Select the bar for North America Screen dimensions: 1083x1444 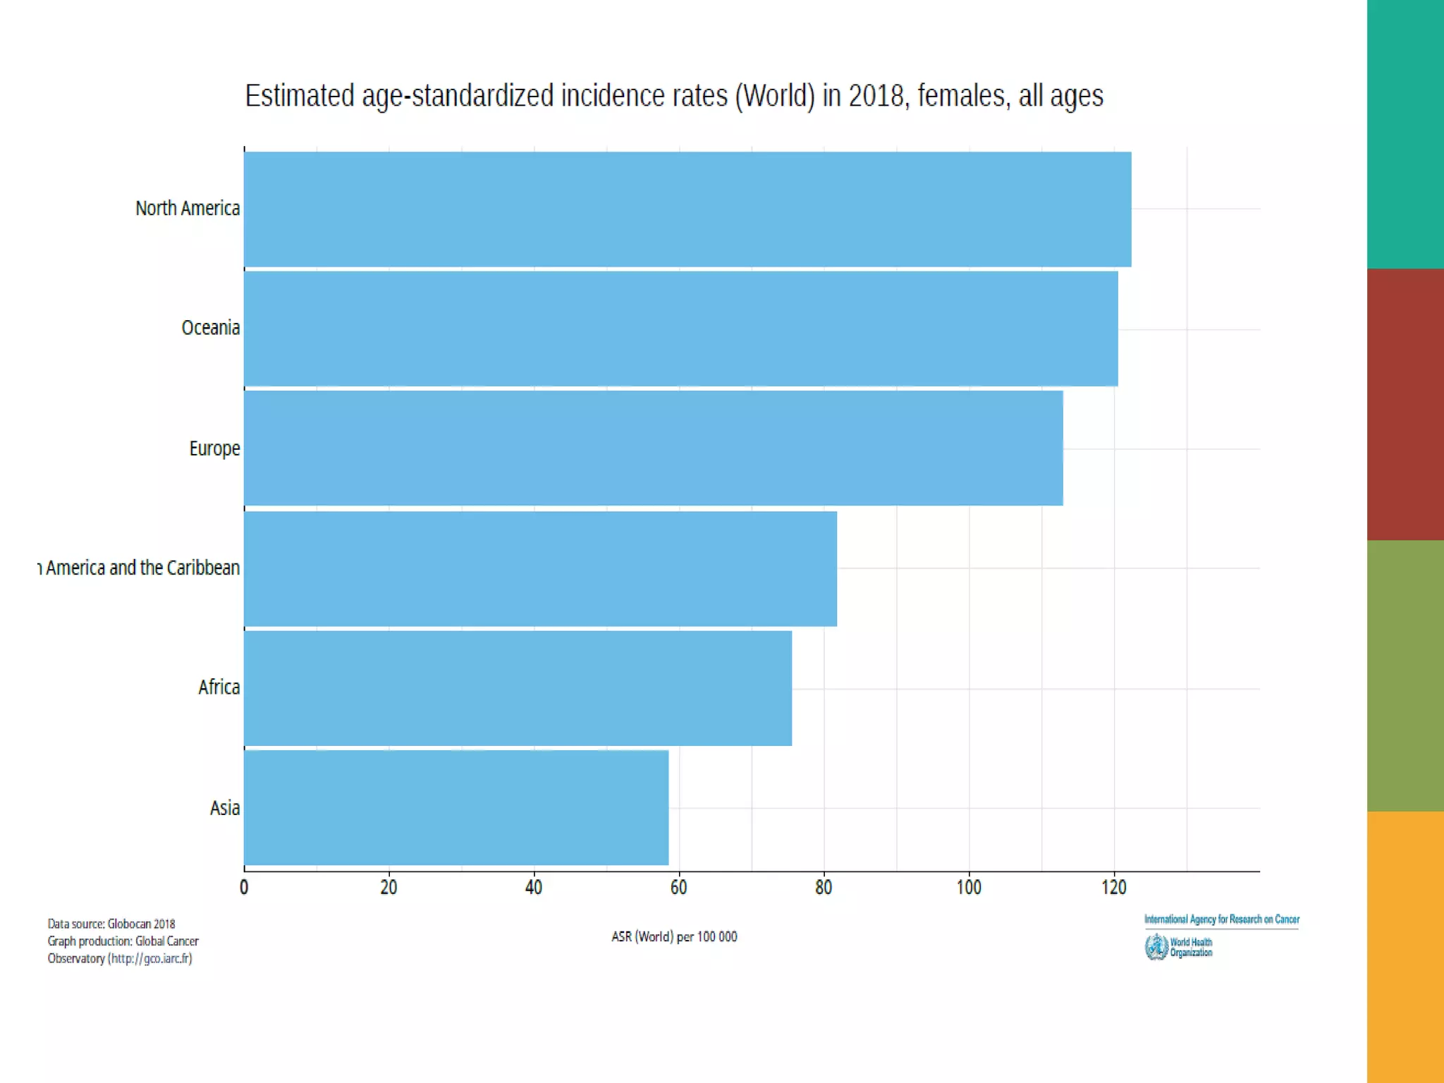[x=687, y=209]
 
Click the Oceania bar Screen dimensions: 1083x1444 [x=680, y=329]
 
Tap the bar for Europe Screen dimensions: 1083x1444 [x=653, y=448]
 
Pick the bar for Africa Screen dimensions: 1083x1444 [x=518, y=688]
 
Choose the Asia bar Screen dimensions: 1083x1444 [x=456, y=808]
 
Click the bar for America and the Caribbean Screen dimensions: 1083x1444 [x=540, y=569]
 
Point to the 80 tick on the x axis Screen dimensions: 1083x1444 [x=824, y=887]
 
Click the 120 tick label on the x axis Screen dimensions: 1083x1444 [x=1114, y=887]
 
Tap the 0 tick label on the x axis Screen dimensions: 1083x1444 [x=244, y=887]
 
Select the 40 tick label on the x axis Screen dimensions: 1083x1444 [x=534, y=887]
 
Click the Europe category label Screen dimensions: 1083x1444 [x=214, y=448]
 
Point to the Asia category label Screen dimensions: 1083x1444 [x=225, y=808]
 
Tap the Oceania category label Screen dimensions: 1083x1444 [x=210, y=328]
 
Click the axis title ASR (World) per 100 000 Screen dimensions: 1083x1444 [x=674, y=937]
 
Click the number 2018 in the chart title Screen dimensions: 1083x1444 [x=876, y=96]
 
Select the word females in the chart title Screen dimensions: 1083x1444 [x=961, y=96]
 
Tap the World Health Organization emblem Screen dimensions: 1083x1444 [x=1156, y=947]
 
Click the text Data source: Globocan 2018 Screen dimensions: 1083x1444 [x=111, y=924]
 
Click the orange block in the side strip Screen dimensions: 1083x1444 [x=1405, y=946]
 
